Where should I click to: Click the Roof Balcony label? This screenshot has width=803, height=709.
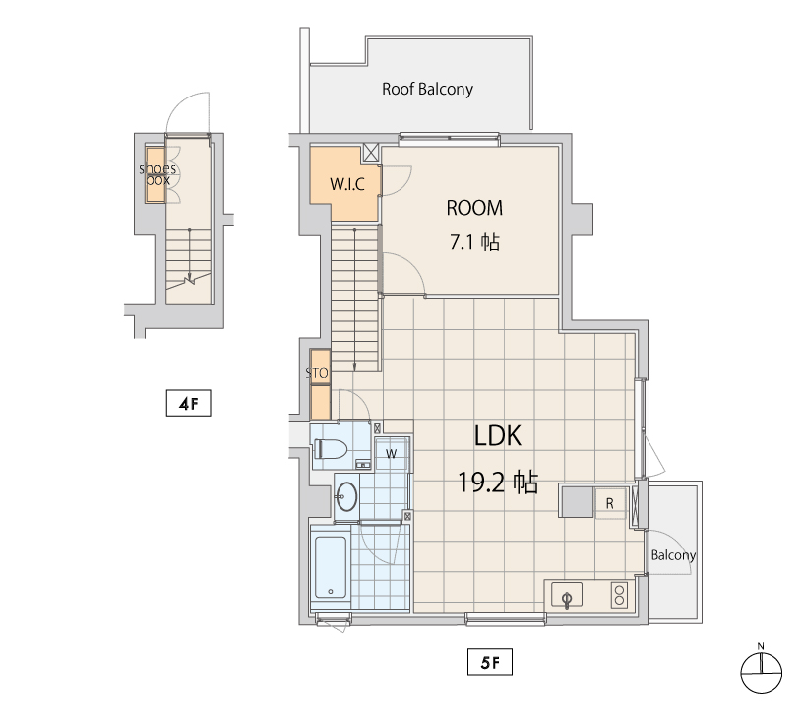[427, 90]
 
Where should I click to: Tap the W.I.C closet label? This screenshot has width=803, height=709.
[347, 184]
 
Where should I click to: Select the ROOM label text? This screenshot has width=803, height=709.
[474, 208]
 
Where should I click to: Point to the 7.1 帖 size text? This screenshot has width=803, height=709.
[474, 242]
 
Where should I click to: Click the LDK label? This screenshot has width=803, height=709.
[498, 436]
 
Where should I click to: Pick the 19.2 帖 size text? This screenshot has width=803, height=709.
[498, 483]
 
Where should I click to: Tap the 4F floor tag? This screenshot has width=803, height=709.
[189, 403]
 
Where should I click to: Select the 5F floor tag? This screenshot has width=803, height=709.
[490, 662]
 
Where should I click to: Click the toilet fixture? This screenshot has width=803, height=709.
[331, 449]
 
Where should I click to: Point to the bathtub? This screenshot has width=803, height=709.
[331, 567]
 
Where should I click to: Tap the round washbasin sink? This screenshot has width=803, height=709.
[346, 496]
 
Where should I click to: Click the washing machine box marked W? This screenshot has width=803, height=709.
[392, 453]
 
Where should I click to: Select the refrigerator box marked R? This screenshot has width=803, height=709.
[609, 503]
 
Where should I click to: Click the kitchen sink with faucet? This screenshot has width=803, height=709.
[567, 596]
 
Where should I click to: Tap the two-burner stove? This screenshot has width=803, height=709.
[620, 596]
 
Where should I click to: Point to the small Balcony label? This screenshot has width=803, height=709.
[673, 555]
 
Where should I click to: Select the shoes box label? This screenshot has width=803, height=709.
[157, 174]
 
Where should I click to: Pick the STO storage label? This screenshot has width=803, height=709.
[317, 373]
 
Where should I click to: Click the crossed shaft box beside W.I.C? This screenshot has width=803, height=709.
[371, 153]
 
